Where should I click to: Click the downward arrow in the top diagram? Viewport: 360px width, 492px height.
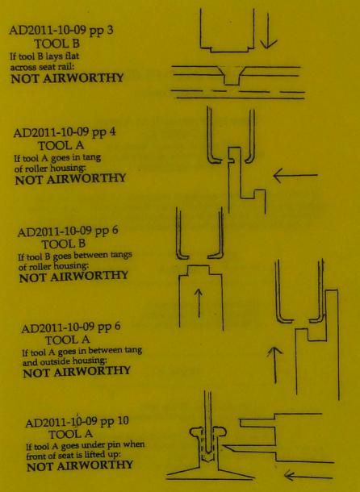[268, 31]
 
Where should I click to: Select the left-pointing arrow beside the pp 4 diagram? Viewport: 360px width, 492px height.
[295, 175]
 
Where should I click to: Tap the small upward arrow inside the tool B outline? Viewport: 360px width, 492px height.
[199, 302]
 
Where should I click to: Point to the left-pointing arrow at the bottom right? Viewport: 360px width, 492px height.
[308, 477]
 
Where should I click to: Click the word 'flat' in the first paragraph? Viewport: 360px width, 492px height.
[73, 56]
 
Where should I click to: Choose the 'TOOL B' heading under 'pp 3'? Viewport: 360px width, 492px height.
[57, 44]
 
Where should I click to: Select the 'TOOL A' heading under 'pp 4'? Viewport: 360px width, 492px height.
[61, 146]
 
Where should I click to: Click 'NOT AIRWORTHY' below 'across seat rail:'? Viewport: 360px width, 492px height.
[67, 78]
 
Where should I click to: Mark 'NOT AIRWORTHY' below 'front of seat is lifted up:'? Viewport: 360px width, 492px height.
[80, 466]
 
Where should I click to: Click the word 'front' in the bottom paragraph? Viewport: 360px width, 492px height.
[36, 456]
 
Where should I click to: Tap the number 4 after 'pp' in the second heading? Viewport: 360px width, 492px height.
[112, 131]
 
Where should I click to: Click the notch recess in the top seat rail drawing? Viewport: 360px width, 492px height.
[232, 76]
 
